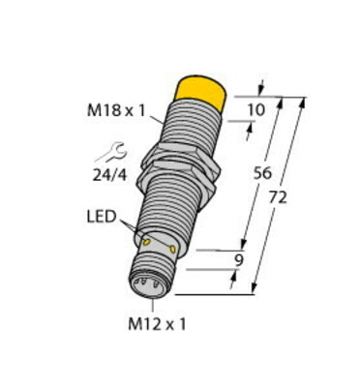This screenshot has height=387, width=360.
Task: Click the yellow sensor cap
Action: coord(202,94)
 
